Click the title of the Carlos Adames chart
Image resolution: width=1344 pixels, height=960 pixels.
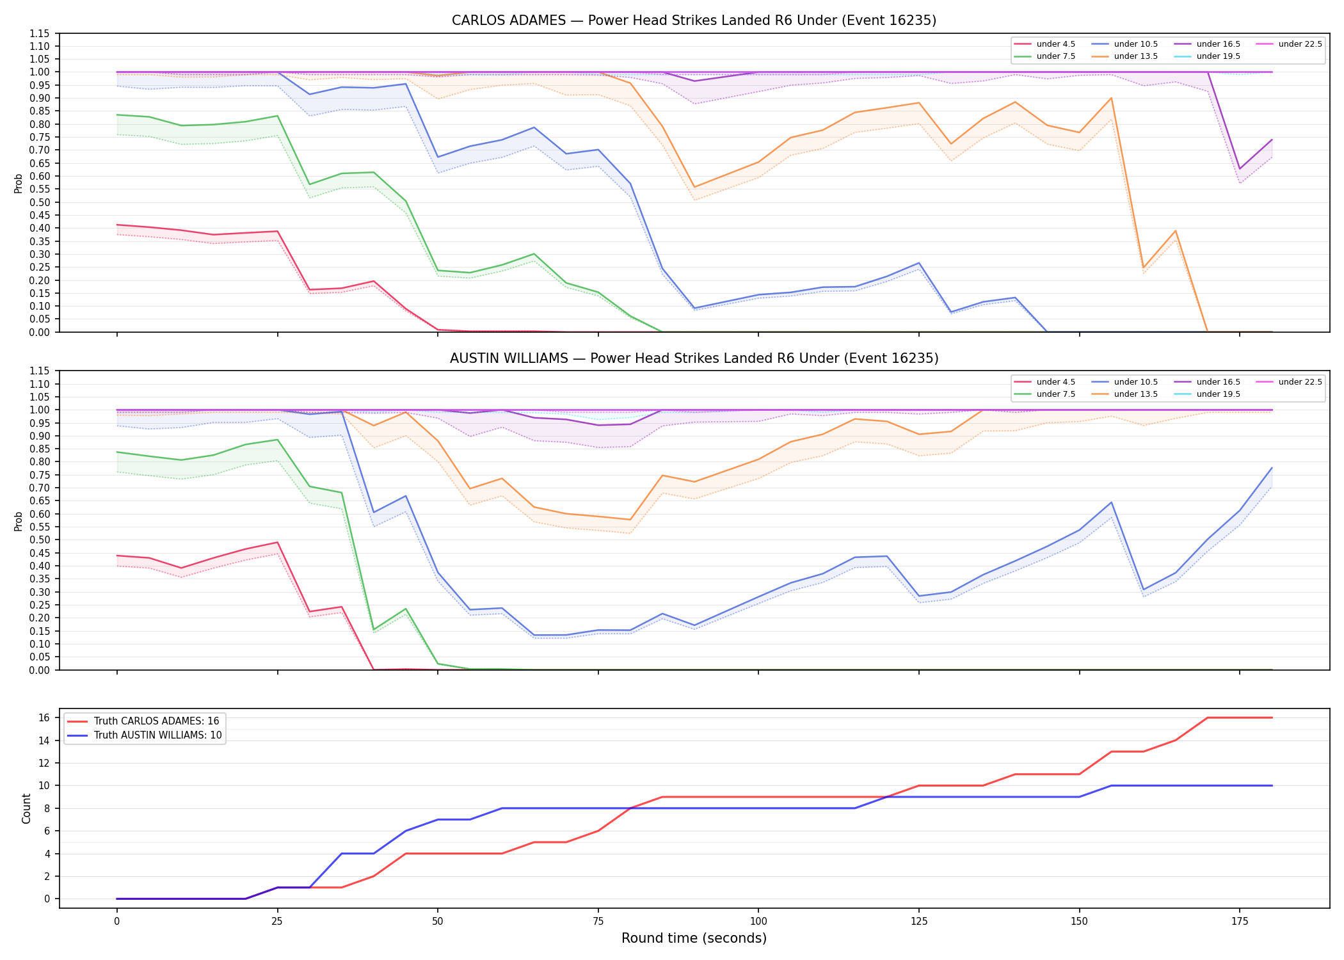(x=694, y=20)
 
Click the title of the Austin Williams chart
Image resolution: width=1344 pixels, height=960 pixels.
(x=694, y=358)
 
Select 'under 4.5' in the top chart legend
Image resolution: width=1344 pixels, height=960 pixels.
(x=1055, y=44)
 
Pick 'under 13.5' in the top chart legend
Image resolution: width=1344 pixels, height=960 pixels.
(x=1135, y=56)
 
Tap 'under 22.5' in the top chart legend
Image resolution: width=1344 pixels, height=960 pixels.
(x=1300, y=44)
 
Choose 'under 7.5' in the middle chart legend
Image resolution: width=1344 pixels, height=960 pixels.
(x=1055, y=394)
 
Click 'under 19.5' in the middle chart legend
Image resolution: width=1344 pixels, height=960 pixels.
(x=1218, y=394)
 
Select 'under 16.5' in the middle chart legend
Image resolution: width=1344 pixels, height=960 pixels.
(x=1218, y=382)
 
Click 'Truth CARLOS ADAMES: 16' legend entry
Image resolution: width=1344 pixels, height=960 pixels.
(x=156, y=721)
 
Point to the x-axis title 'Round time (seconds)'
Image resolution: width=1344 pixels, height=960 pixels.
(x=694, y=938)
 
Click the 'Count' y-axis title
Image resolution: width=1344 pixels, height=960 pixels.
(x=26, y=808)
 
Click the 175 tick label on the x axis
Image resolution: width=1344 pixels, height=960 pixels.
(x=1240, y=922)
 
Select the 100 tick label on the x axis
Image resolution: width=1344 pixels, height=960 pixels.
(x=758, y=922)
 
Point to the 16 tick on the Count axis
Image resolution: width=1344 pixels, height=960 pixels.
(x=45, y=718)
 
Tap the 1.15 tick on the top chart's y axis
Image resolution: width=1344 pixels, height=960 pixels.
(x=40, y=33)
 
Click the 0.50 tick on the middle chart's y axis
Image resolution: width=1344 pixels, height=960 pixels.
(x=40, y=540)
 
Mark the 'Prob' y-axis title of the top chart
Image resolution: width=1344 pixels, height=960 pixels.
(x=19, y=183)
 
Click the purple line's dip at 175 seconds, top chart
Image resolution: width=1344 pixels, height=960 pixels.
(x=1240, y=169)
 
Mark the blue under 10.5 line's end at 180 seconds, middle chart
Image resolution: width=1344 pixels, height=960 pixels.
(x=1272, y=468)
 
